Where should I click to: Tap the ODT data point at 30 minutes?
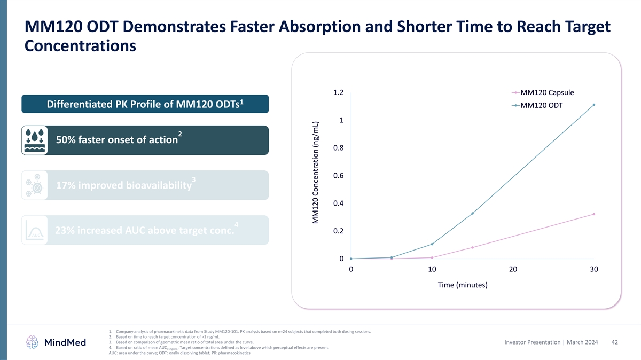593,105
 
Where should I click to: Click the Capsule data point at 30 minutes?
593,214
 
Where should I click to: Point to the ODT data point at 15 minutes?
472,214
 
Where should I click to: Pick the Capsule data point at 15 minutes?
472,247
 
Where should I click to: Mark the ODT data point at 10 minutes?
432,244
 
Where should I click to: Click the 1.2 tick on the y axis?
338,92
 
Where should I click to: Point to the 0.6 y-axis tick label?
338,176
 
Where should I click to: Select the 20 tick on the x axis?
513,269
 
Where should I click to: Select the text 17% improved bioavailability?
124,185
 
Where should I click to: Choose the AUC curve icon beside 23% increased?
35,230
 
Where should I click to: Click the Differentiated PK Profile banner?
145,104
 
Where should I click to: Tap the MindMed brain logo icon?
33,342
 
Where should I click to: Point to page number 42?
614,342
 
